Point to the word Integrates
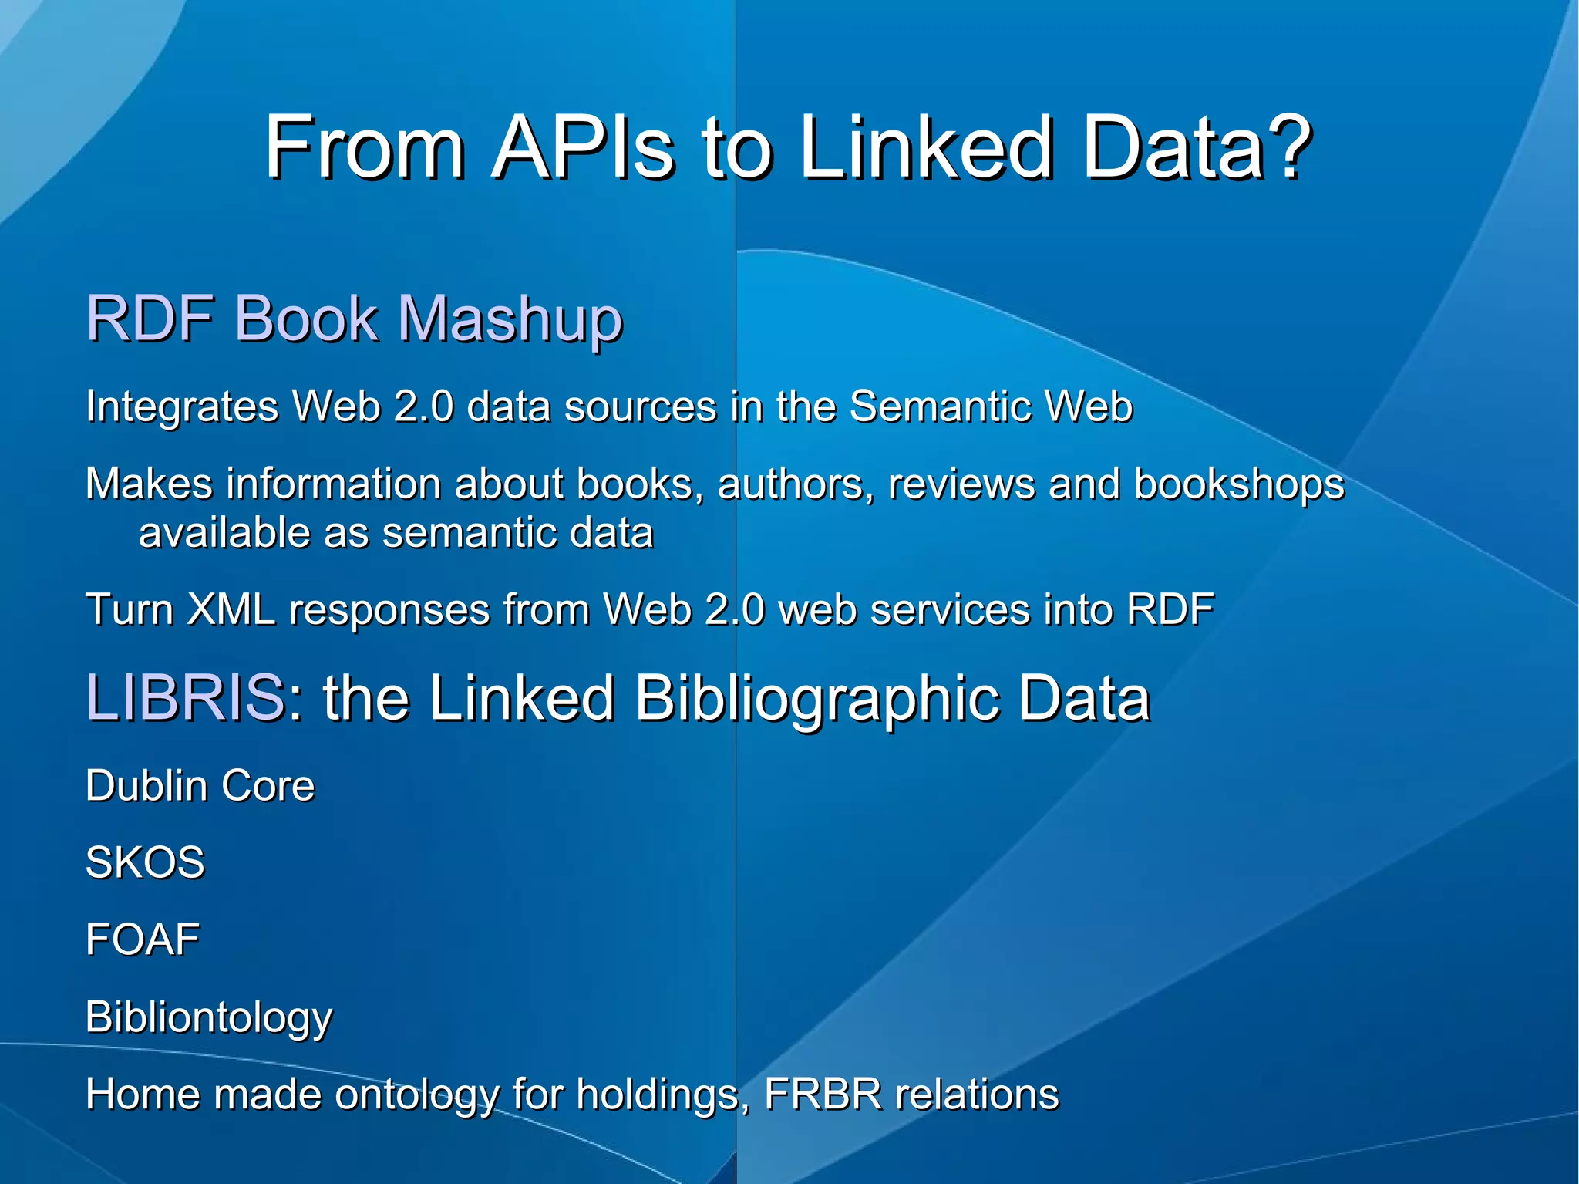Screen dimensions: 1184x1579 [182, 406]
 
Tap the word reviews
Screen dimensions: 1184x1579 [961, 484]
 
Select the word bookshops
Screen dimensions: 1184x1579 [1239, 484]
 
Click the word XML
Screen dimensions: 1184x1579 [231, 609]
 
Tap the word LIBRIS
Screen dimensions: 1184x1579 [185, 697]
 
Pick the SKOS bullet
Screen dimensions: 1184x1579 [145, 862]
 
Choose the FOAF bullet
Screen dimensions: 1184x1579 [143, 939]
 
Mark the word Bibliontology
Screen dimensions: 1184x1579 [209, 1017]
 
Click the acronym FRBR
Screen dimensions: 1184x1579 [822, 1094]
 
